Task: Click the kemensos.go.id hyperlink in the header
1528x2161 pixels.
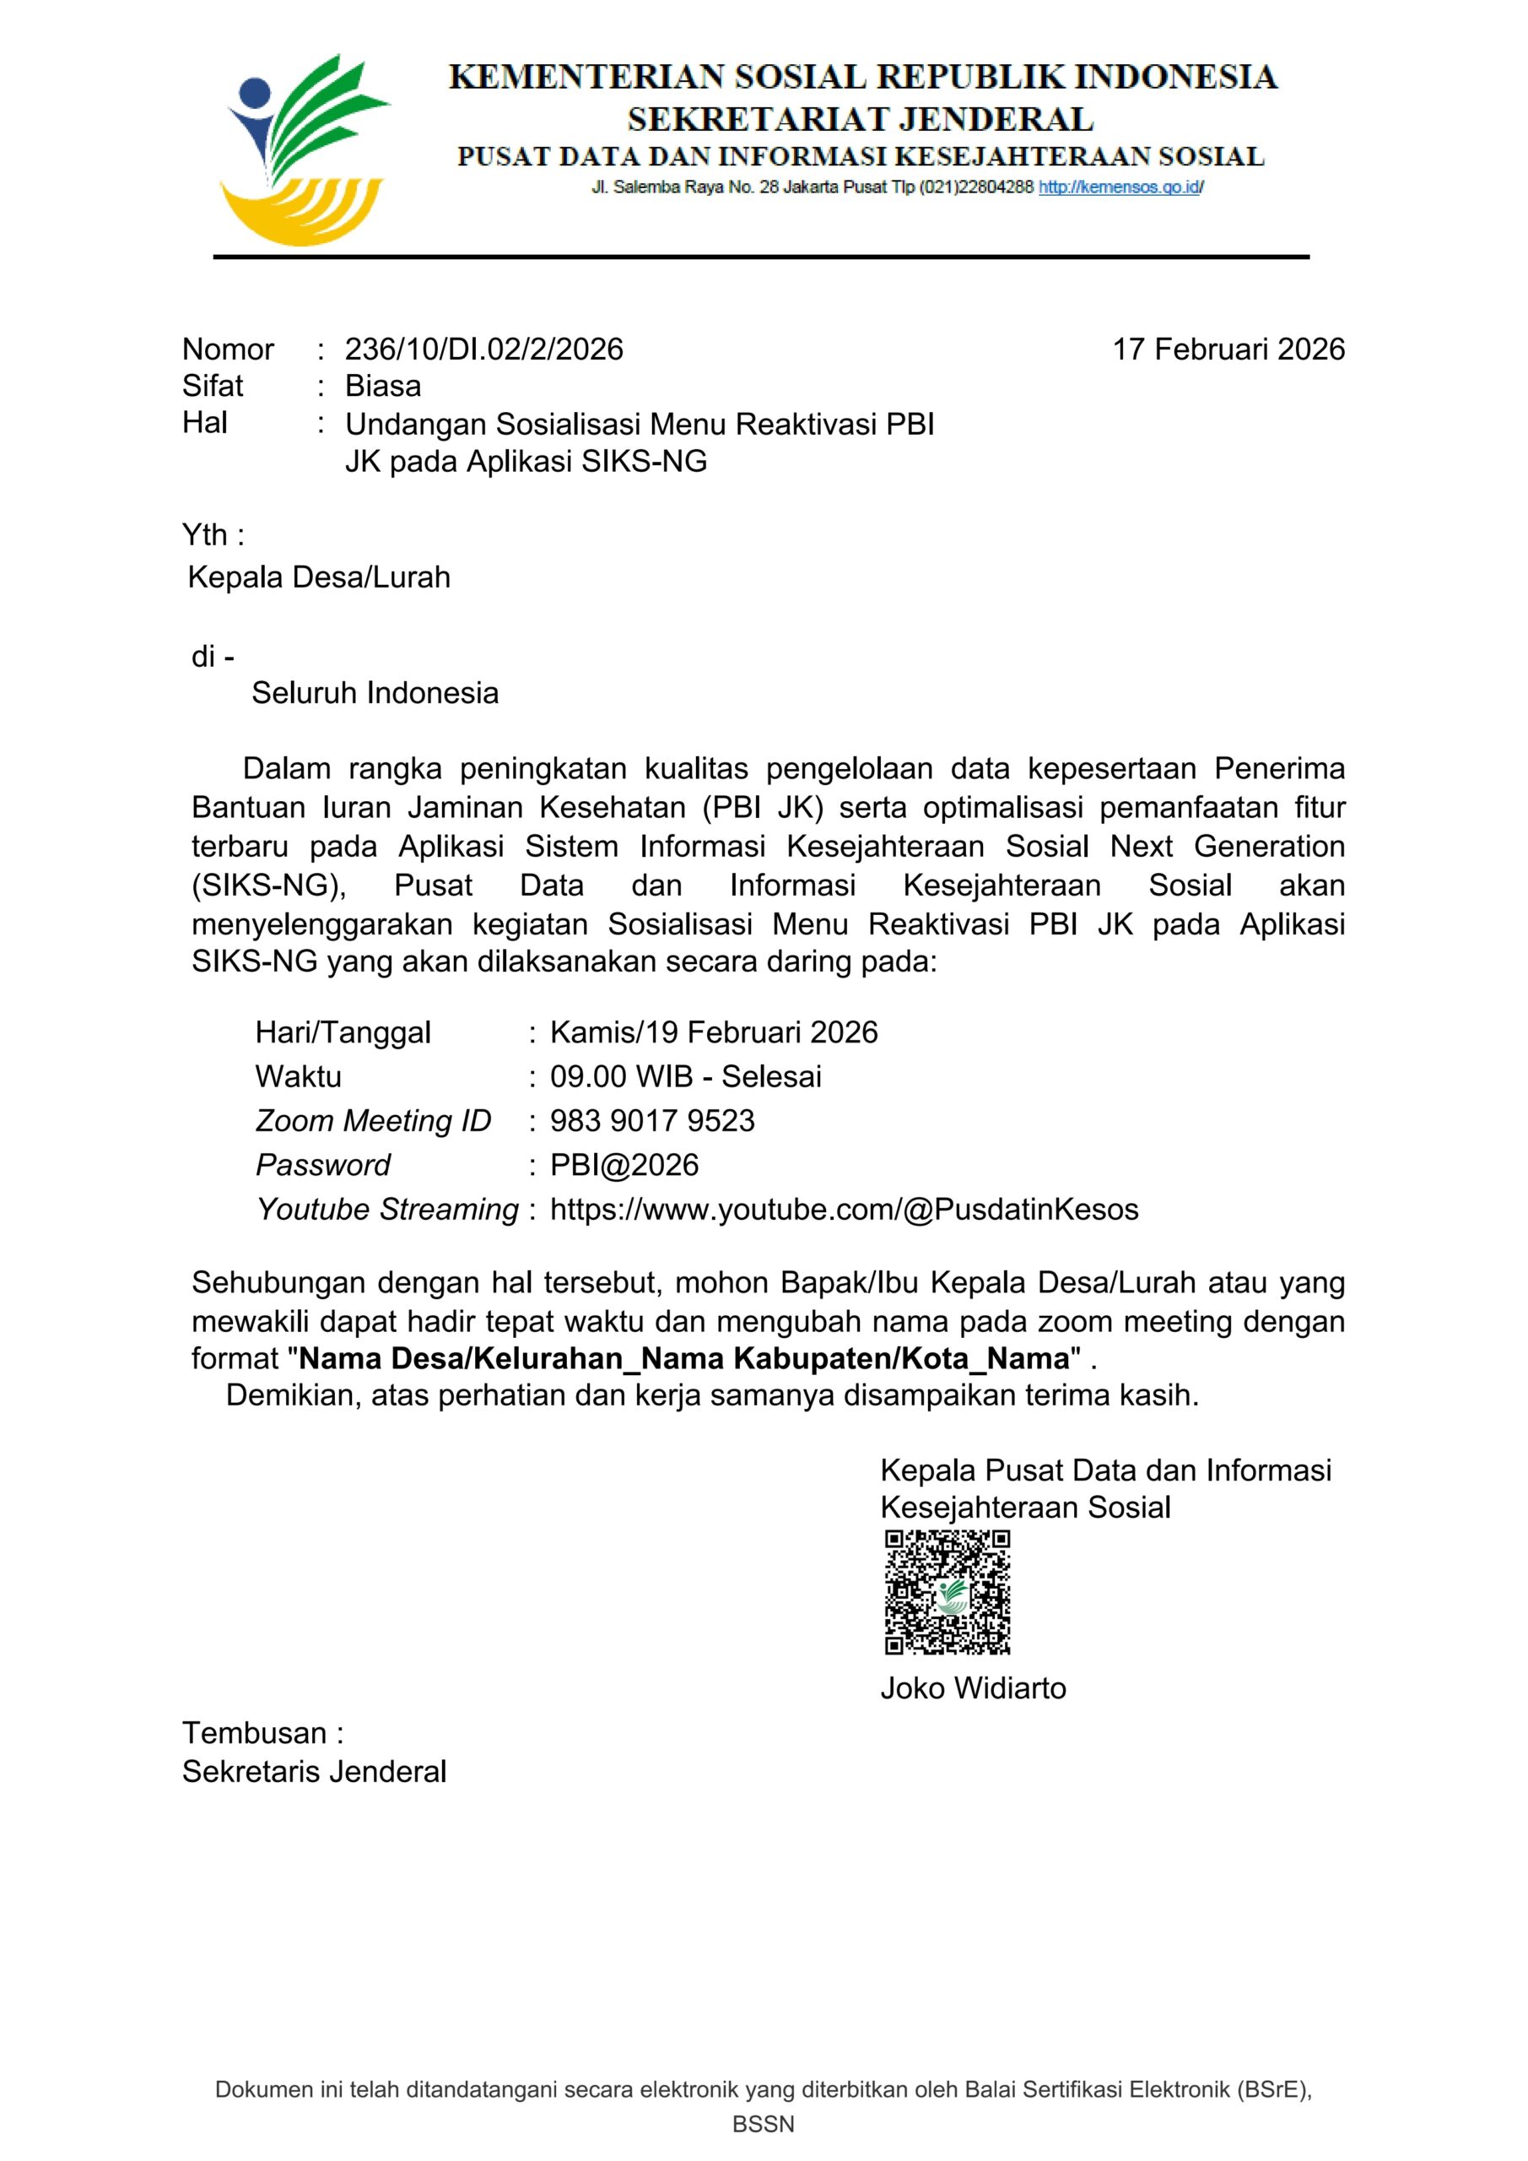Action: click(x=1120, y=187)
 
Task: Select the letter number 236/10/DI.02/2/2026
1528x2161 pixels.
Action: click(x=483, y=349)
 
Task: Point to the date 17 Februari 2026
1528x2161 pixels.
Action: click(x=1228, y=349)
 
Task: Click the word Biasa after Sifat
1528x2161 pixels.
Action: click(x=383, y=386)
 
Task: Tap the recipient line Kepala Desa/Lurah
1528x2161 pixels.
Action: click(x=319, y=577)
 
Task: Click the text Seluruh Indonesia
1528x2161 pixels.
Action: click(x=375, y=693)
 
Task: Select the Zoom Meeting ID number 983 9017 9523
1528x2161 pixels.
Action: click(x=652, y=1120)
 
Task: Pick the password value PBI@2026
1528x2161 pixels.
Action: click(x=624, y=1164)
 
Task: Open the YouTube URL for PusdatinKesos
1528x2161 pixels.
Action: click(x=844, y=1209)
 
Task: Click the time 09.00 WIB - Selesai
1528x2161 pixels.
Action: click(x=685, y=1075)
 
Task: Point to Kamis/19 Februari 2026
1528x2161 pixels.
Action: click(x=713, y=1032)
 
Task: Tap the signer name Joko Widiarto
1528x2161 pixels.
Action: click(x=973, y=1687)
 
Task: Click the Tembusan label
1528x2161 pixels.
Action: click(x=262, y=1733)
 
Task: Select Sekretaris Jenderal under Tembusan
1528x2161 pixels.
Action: click(x=314, y=1771)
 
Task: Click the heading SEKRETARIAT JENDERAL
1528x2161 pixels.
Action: click(x=860, y=120)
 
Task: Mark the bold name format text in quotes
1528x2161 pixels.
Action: click(x=684, y=1358)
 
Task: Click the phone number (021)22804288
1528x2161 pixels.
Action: click(x=975, y=187)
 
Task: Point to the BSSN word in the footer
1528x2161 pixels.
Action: click(x=763, y=2125)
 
